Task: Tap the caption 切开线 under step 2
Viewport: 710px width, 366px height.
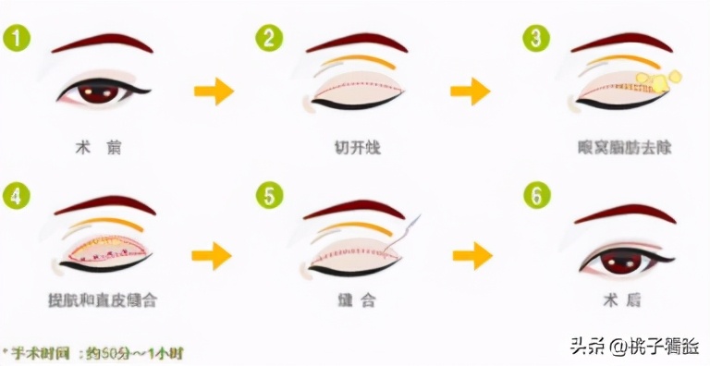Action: tap(357, 147)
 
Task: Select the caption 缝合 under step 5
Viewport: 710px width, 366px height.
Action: tap(356, 300)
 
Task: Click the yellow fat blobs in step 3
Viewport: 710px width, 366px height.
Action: tap(664, 81)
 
